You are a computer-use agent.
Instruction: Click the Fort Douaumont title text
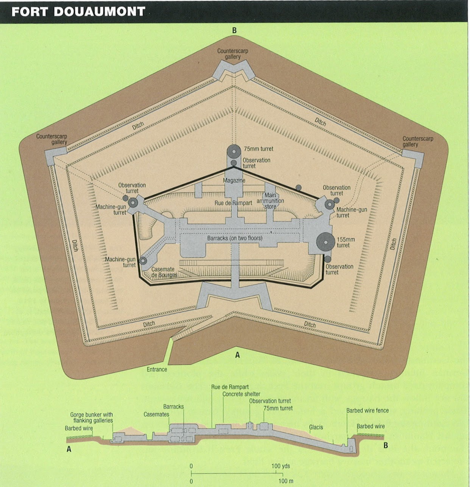coord(78,11)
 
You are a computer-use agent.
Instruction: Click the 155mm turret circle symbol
coord(325,242)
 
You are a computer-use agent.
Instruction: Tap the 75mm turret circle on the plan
coord(234,151)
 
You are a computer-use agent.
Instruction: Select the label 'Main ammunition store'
coord(270,201)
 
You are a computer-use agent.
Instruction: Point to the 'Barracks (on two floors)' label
coord(235,238)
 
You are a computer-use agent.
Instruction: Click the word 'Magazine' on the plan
coord(234,180)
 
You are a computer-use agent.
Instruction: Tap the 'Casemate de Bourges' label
coord(164,272)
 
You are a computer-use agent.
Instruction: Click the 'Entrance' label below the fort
coord(157,369)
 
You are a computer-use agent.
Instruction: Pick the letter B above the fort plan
coord(234,31)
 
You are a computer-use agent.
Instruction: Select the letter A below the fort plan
coord(237,355)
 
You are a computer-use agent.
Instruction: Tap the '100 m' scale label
coord(286,481)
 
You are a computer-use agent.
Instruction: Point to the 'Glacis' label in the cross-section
coord(316,427)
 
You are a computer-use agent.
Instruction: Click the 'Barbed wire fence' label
coord(367,411)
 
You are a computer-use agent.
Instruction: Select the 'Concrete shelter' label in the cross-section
coord(241,394)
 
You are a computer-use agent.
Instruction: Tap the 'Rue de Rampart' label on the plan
coord(233,203)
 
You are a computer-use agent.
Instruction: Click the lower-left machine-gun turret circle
coord(143,261)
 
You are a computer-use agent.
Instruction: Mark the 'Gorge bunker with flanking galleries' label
coord(91,417)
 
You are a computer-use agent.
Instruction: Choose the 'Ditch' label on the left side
coord(75,246)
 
